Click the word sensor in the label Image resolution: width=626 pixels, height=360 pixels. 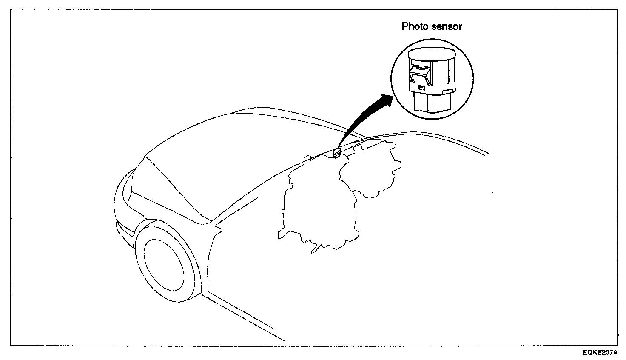pos(446,26)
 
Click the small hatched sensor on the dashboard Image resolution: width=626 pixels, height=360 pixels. pos(336,152)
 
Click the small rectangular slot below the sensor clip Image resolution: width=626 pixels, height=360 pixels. pos(421,87)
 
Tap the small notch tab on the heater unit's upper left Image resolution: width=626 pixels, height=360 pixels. pos(305,159)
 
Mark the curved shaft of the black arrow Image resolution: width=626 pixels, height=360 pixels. pos(357,119)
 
